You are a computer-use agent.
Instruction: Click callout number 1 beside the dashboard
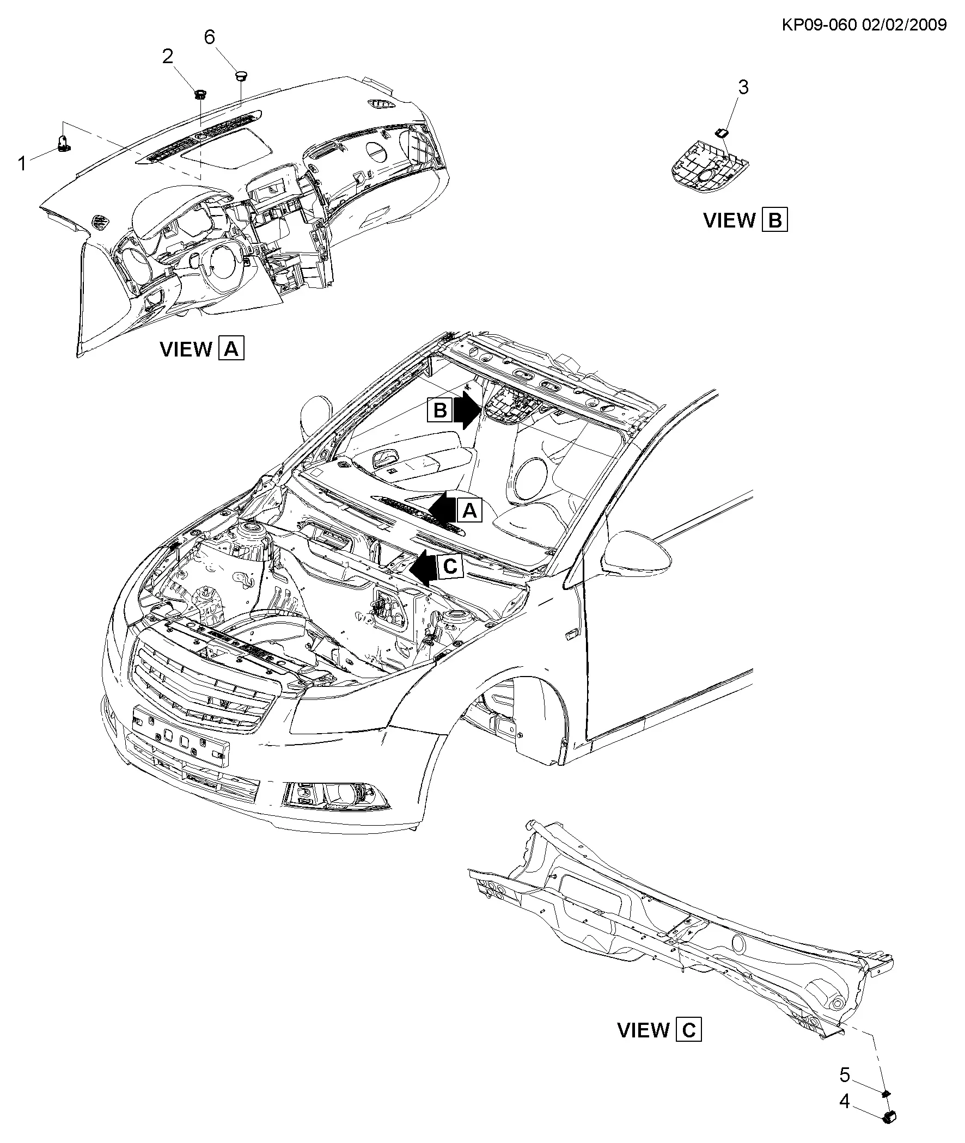click(22, 163)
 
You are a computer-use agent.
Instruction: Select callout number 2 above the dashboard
click(168, 56)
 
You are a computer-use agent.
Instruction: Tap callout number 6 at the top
click(210, 37)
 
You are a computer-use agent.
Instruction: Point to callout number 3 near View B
click(743, 87)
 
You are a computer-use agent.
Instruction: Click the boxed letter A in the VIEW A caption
click(231, 348)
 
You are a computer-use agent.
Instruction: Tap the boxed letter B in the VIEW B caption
click(774, 220)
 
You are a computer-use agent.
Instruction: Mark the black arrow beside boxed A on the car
click(442, 510)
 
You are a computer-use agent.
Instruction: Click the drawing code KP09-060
click(819, 24)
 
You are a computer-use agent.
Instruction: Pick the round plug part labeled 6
click(241, 75)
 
